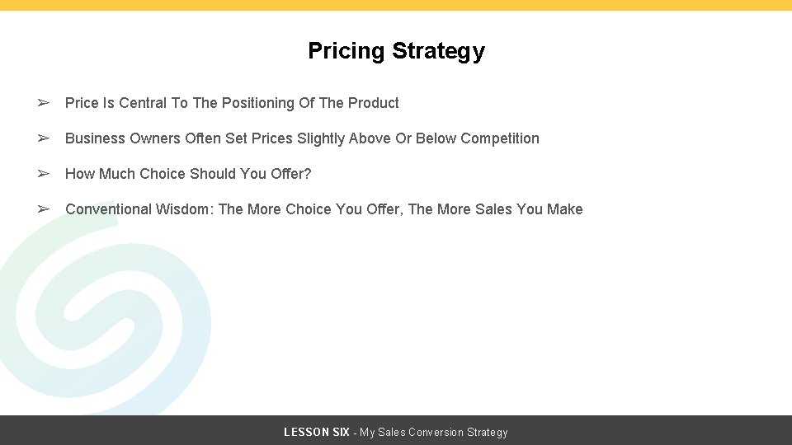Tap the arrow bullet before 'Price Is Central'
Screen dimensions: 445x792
(45, 103)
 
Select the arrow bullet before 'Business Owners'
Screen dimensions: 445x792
(45, 138)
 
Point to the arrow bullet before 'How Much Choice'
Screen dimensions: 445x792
(45, 174)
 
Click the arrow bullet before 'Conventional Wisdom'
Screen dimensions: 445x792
(45, 209)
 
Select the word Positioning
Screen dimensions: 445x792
(258, 103)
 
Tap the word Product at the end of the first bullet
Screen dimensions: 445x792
(373, 103)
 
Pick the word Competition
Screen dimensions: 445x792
(500, 138)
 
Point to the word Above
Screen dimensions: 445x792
(370, 138)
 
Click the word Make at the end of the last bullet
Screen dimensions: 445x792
(565, 209)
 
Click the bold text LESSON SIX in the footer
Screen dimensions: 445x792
(317, 432)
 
